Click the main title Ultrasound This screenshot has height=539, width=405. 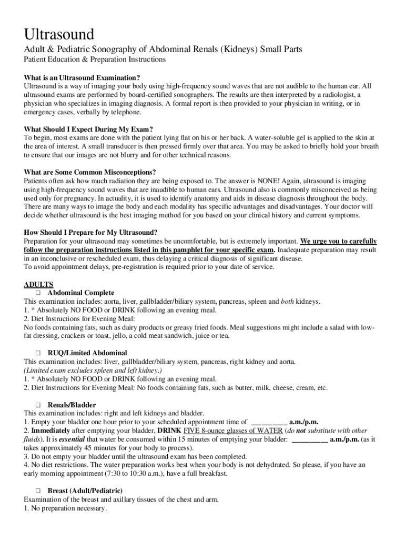(59, 35)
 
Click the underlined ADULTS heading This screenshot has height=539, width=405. (38, 284)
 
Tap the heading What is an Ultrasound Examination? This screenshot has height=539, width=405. (82, 77)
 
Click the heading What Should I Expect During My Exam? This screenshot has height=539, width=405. (88, 129)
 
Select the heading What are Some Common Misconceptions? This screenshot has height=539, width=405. (90, 172)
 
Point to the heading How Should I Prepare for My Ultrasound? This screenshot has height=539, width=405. (91, 233)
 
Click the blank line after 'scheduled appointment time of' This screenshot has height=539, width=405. (269, 422)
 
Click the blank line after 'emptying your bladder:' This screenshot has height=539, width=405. (310, 439)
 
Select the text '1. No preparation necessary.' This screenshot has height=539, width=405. (65, 508)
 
